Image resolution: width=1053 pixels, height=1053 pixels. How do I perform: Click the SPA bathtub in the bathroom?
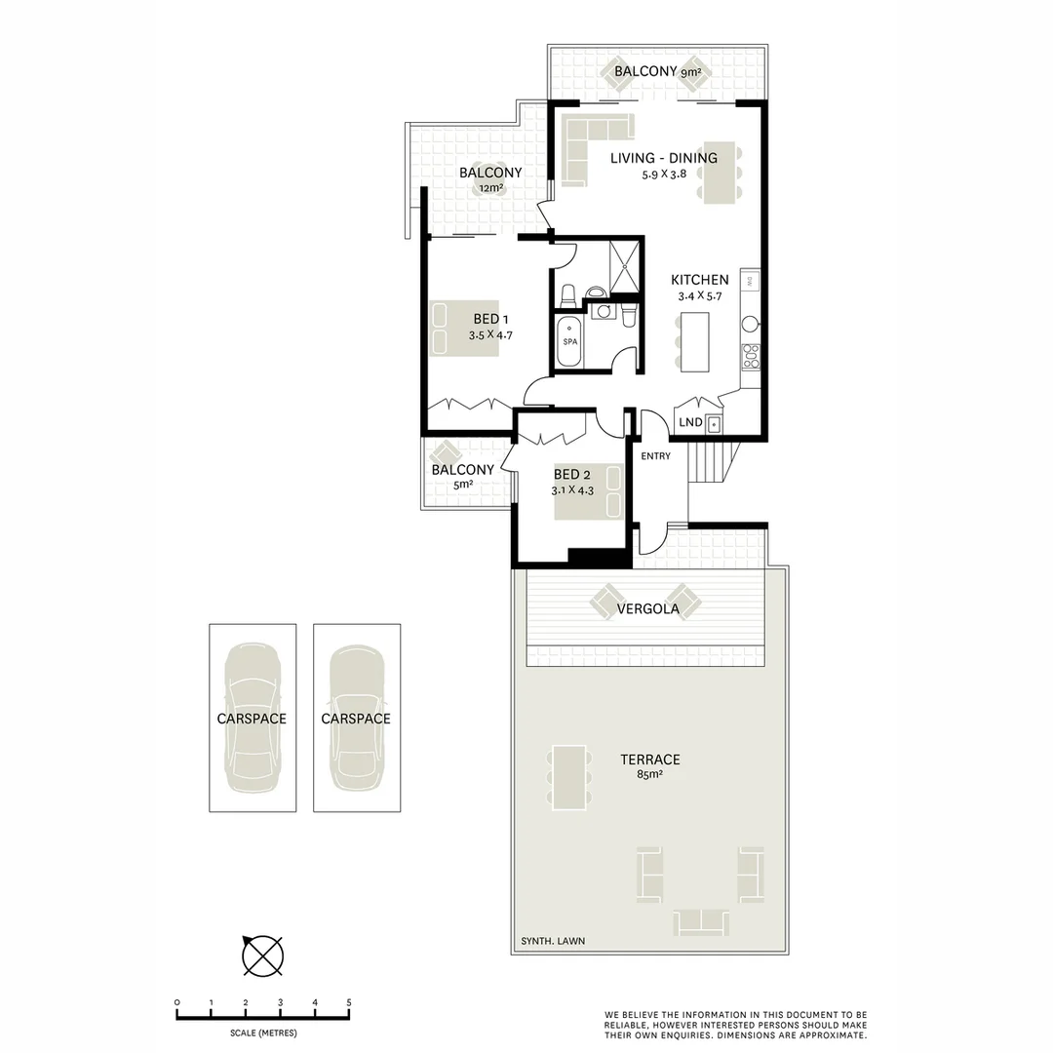point(570,342)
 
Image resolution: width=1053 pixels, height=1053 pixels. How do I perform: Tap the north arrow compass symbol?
point(262,955)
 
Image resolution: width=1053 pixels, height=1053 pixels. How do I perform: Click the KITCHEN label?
point(699,280)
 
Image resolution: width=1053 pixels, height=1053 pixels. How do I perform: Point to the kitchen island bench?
point(695,340)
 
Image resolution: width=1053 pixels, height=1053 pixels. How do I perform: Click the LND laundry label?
point(690,423)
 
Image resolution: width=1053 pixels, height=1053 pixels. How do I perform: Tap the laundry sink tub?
point(715,424)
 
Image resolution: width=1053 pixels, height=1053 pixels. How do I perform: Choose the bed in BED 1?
point(465,329)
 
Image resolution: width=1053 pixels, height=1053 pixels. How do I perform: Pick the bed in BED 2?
point(588,491)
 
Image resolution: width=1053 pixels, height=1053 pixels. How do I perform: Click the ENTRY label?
point(655,455)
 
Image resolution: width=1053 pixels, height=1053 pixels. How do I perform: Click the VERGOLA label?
point(647,610)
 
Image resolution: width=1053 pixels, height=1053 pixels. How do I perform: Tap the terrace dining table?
point(567,776)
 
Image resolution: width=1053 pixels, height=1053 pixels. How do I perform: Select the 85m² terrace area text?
point(649,777)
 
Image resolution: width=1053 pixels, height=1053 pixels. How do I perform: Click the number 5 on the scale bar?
point(348,1002)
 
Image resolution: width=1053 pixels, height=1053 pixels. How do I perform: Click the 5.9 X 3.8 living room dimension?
point(664,175)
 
